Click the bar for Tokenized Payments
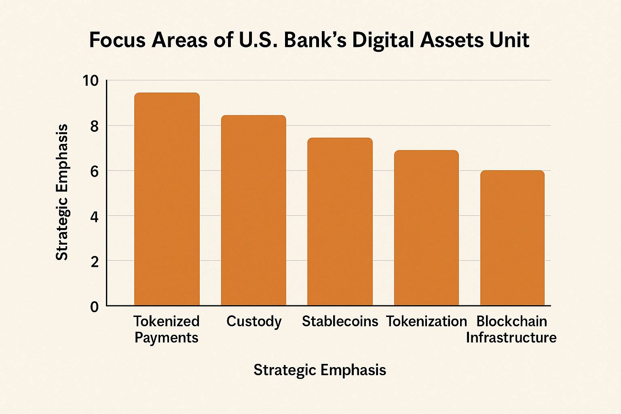click(167, 199)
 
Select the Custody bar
click(253, 210)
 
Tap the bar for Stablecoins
click(340, 222)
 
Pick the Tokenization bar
click(426, 228)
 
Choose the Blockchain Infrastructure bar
click(512, 238)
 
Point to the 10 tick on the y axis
click(91, 81)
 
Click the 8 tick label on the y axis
click(94, 127)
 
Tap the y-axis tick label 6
click(94, 172)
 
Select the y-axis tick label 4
click(94, 217)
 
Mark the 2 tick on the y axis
click(94, 262)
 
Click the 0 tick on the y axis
click(94, 307)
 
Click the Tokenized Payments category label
click(167, 329)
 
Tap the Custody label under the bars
click(254, 321)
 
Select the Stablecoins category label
click(340, 321)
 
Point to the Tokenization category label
click(427, 321)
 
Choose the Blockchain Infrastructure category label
click(511, 329)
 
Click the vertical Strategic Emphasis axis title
click(62, 192)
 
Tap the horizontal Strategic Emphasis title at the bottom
click(319, 370)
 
